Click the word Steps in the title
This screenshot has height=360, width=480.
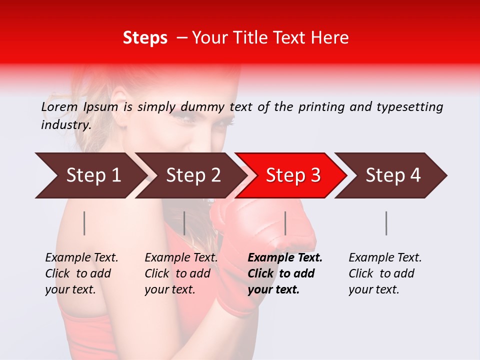click(145, 38)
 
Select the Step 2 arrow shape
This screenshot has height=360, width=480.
click(192, 175)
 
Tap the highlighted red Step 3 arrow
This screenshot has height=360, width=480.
click(292, 175)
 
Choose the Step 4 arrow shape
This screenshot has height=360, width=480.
click(392, 175)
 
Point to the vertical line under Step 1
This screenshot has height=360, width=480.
click(84, 223)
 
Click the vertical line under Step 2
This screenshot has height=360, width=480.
click(184, 223)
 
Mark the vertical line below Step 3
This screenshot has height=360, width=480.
click(285, 223)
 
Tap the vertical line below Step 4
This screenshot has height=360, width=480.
click(386, 223)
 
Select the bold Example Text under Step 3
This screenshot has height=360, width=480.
click(285, 273)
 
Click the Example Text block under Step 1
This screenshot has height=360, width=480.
click(81, 273)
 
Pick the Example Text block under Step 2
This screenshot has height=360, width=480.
click(181, 273)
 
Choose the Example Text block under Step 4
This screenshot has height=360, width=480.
click(385, 273)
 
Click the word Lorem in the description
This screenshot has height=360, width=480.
click(59, 107)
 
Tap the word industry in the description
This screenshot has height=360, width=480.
click(66, 125)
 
